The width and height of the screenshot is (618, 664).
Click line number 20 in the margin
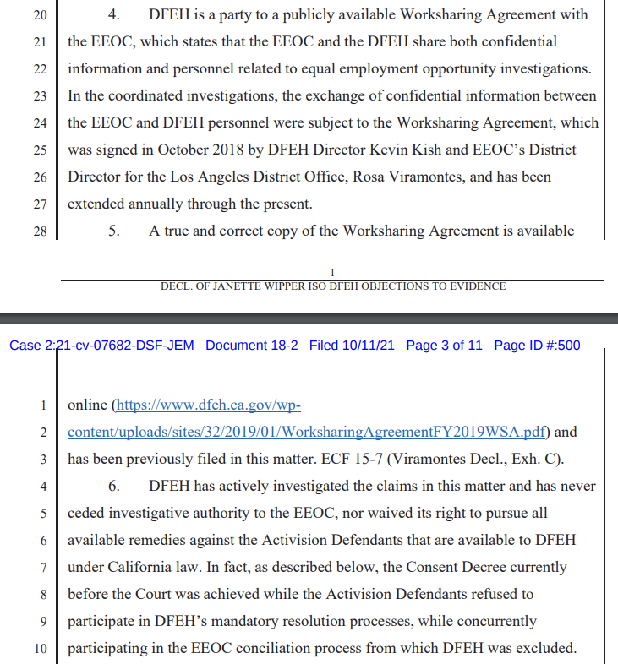[40, 15]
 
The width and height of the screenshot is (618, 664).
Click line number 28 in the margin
[40, 231]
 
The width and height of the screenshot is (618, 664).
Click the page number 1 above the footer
[332, 272]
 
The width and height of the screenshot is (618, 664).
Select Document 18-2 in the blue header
[251, 346]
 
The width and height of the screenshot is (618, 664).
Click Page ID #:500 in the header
[537, 346]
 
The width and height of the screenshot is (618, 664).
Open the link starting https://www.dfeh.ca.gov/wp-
[208, 405]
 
